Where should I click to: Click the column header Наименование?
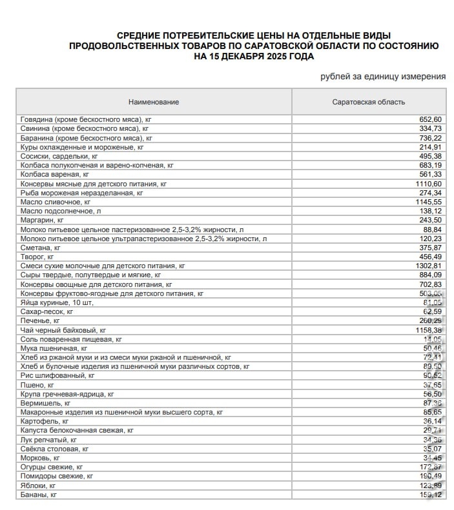(x=154, y=102)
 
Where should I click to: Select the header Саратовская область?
(x=368, y=102)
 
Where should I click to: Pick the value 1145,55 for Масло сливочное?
(x=428, y=202)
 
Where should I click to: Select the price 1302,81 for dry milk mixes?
(x=428, y=266)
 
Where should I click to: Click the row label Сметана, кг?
(x=41, y=248)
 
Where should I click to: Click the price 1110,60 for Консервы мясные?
(x=428, y=184)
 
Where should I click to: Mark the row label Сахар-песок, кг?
(x=46, y=311)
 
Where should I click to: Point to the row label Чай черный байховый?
(x=63, y=329)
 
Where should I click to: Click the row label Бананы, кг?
(x=39, y=495)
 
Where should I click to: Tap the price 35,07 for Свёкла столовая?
(x=431, y=449)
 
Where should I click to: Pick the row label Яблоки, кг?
(x=38, y=485)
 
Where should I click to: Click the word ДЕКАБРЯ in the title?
(x=243, y=57)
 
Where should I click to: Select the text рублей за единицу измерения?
(x=383, y=77)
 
